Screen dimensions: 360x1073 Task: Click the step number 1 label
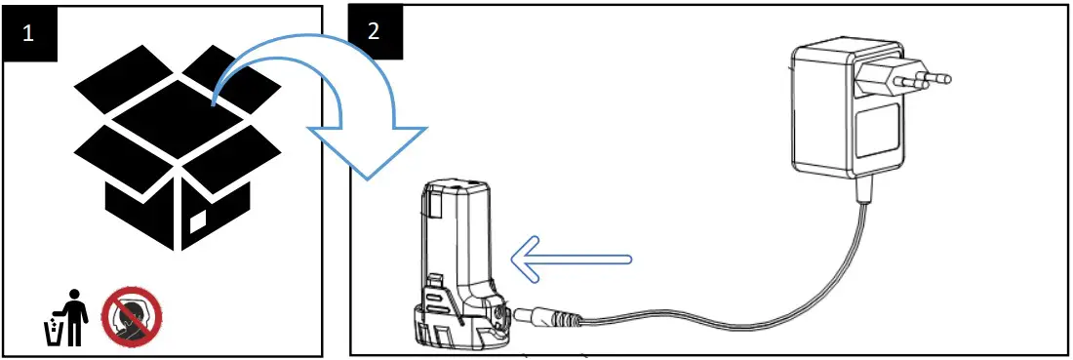tap(26, 31)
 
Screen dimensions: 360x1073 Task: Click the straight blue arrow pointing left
tap(576, 260)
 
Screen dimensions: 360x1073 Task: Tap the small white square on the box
tap(198, 220)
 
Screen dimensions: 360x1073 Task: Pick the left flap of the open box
tap(107, 145)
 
